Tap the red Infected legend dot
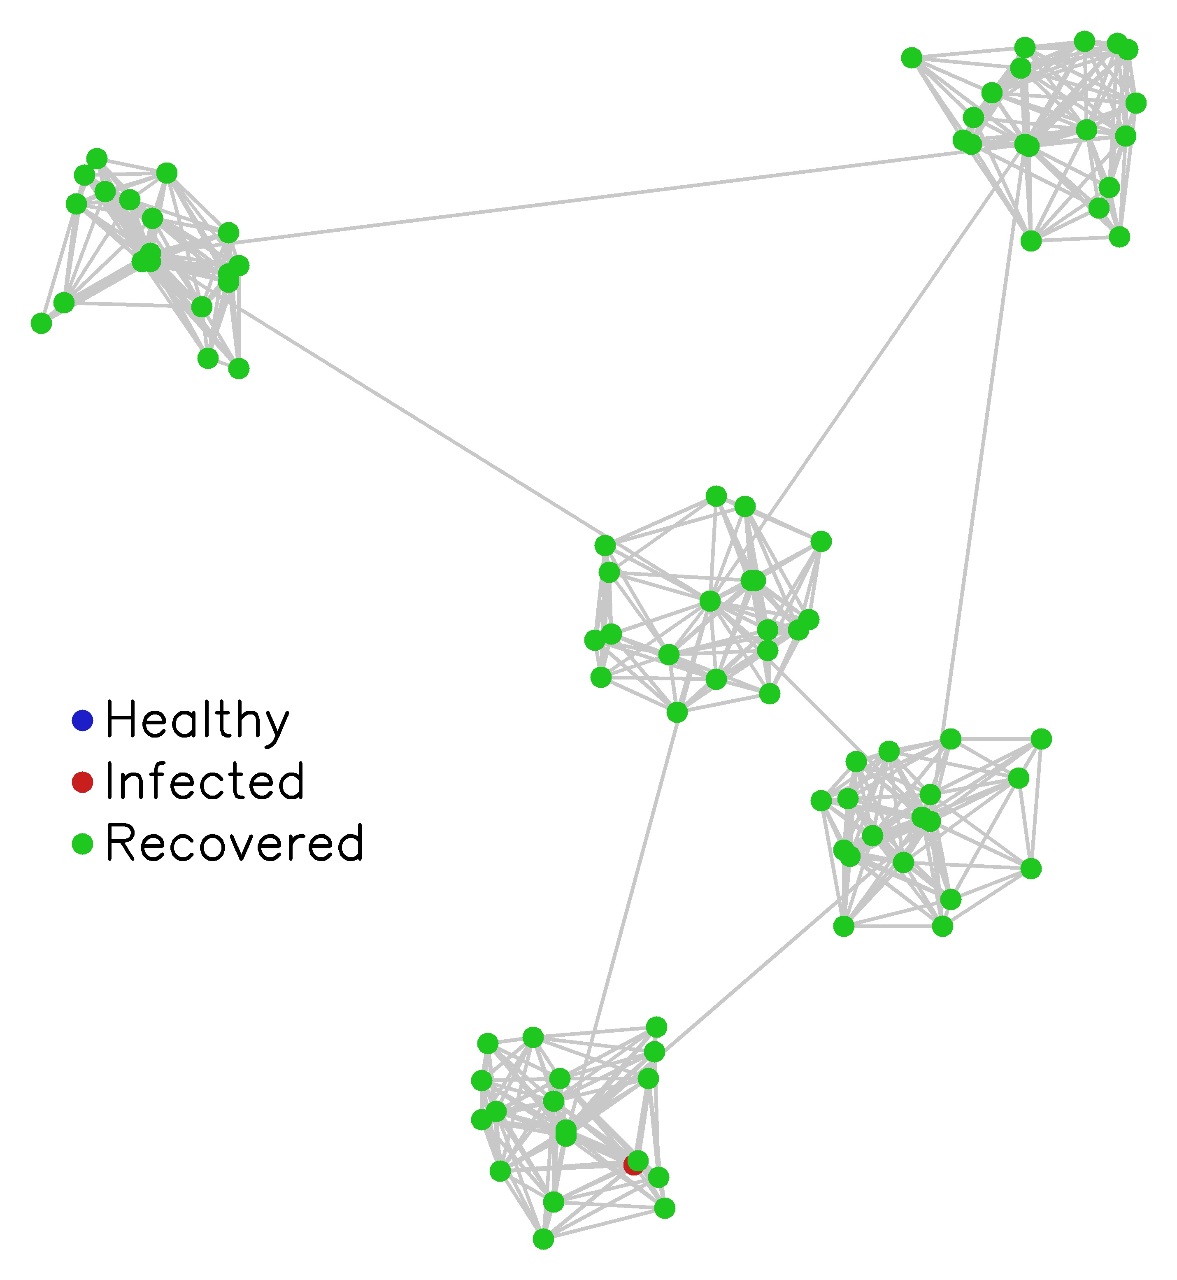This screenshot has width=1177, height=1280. (x=83, y=782)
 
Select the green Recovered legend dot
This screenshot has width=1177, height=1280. (x=83, y=844)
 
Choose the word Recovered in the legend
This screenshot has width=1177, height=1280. (x=235, y=843)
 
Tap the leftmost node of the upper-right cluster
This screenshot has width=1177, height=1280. (x=912, y=58)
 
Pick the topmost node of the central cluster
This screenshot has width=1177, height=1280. (x=716, y=496)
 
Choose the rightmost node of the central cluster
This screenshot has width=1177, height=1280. (x=821, y=541)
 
